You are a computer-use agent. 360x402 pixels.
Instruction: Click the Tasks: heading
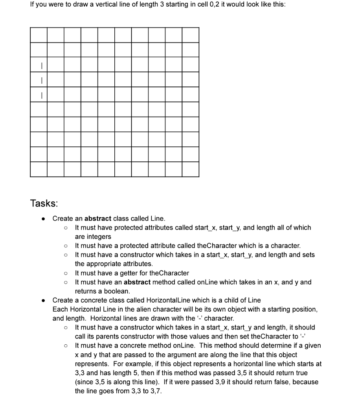[44, 203]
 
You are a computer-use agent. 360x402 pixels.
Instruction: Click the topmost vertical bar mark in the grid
[39, 65]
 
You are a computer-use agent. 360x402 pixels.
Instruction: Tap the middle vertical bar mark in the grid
[39, 80]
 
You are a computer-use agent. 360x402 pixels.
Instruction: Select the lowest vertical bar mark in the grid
[39, 95]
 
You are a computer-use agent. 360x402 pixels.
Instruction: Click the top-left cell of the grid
[39, 35]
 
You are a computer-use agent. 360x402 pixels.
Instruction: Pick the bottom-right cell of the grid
[191, 169]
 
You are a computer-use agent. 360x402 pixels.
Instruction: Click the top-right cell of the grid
[191, 35]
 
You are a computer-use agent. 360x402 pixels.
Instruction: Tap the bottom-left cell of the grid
[39, 169]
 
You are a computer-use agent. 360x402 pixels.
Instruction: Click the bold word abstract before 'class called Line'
[98, 218]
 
